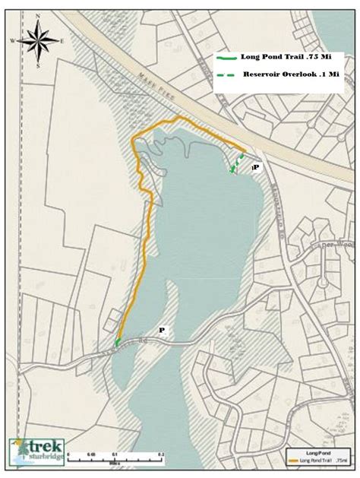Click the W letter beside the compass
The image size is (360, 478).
click(x=13, y=40)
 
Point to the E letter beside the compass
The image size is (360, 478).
click(x=62, y=40)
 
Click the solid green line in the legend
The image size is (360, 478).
click(x=226, y=58)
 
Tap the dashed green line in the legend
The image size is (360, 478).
click(x=226, y=74)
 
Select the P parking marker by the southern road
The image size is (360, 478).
click(x=161, y=330)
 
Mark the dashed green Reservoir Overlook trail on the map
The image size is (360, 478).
click(x=238, y=163)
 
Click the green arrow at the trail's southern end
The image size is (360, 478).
click(x=117, y=343)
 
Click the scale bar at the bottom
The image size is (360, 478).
click(x=115, y=457)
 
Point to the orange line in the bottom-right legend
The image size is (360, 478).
click(x=297, y=460)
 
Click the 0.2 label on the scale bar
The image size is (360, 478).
click(x=160, y=454)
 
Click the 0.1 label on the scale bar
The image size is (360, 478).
click(x=115, y=454)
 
